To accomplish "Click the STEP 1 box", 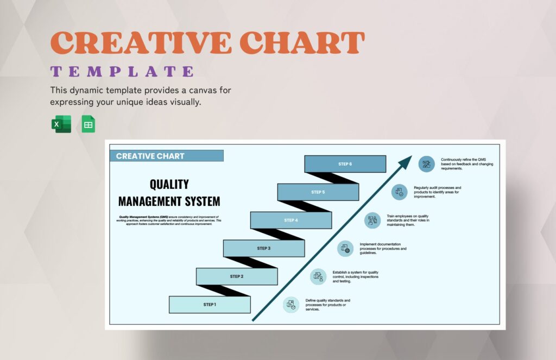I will coord(210,305).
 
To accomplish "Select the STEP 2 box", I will coord(237,276).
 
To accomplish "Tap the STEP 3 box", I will coord(264,248).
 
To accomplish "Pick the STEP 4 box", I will coord(291,220).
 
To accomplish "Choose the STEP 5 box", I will coord(318,192).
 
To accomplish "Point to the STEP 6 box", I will coord(345,164).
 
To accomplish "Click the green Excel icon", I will coord(61,124).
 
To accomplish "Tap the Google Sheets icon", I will coord(88,124).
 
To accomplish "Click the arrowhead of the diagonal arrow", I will coord(406,162).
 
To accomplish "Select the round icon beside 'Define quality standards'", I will coord(291,305).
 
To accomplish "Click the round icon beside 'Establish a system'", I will coord(318,276).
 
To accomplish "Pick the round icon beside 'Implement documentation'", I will coord(345,248).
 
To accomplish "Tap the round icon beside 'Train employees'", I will coord(372,220).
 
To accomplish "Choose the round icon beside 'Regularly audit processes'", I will coord(400,192).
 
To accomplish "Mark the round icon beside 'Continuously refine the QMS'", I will coord(427,164).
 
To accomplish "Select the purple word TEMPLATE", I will coord(122,71).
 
